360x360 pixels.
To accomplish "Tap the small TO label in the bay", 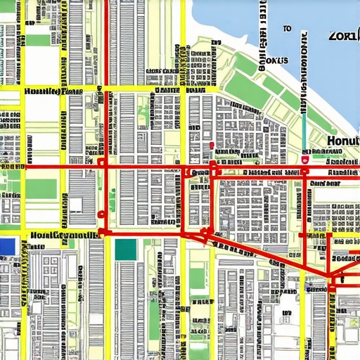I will pos(287,29).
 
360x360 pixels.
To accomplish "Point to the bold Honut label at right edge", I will pos(343,141).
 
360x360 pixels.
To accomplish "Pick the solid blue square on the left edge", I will pos(8,246).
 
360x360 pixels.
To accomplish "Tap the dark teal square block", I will pos(125,249).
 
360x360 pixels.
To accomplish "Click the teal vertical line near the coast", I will pos(304,130).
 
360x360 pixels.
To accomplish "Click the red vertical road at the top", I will pos(106,42).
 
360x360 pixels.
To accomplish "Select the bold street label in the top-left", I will pos(53,91).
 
